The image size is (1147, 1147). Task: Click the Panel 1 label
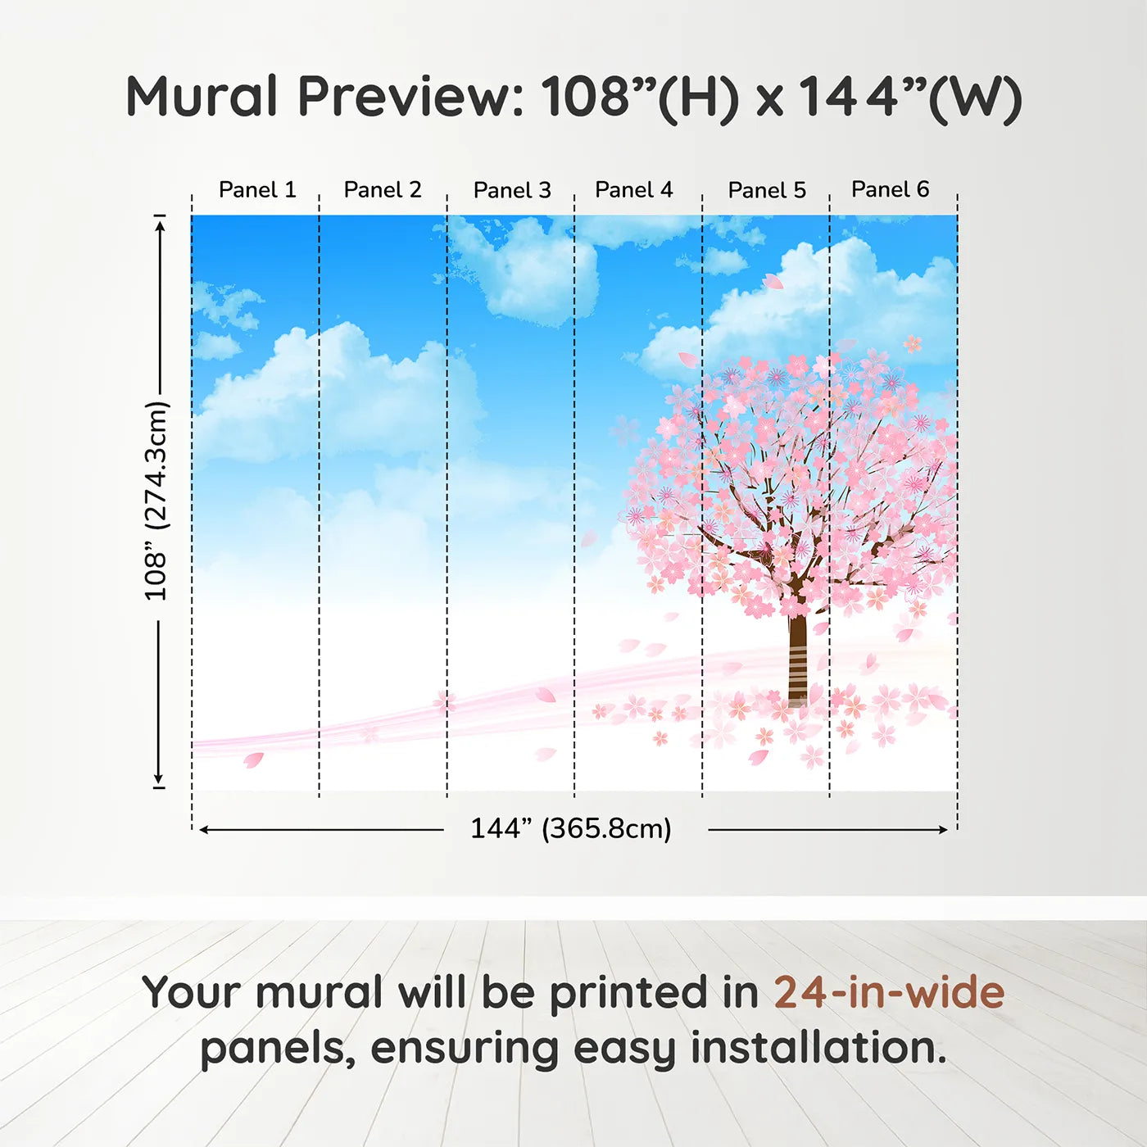pos(256,190)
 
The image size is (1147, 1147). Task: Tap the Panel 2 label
pos(383,190)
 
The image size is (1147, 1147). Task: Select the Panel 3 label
pos(512,190)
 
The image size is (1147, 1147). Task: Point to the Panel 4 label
pos(633,190)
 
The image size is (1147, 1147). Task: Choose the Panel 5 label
pos(767,190)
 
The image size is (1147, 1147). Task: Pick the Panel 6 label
pos(890,190)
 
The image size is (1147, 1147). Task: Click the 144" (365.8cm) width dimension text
pos(570,829)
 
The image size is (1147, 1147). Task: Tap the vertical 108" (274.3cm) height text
pos(156,501)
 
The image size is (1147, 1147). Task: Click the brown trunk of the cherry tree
pos(797,655)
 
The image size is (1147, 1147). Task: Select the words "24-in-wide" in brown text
pos(889,993)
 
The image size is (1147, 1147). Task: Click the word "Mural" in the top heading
pos(202,97)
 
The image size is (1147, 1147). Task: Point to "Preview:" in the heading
pos(410,97)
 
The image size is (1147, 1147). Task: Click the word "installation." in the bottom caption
pos(818,1049)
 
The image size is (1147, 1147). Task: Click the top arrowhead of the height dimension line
pos(160,224)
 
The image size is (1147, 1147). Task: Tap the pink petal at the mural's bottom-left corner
pos(253,760)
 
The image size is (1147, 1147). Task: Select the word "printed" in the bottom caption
pos(628,993)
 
